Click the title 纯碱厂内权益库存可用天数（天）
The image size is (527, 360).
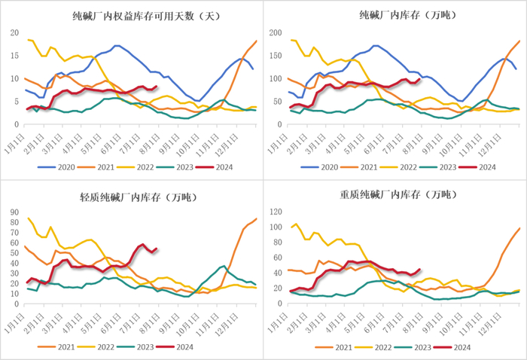pos(133,15)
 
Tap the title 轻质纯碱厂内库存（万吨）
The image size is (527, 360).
pos(133,197)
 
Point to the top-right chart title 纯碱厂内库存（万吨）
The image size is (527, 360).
pos(396,15)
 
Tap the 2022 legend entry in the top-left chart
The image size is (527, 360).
pos(138,166)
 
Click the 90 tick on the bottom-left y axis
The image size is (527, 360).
pos(15,212)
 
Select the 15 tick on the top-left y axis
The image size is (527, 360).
pos(15,56)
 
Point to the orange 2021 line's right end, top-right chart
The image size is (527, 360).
pos(519,41)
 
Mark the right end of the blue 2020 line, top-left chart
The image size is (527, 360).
pos(253,69)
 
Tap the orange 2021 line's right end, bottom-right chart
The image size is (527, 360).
pos(519,228)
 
